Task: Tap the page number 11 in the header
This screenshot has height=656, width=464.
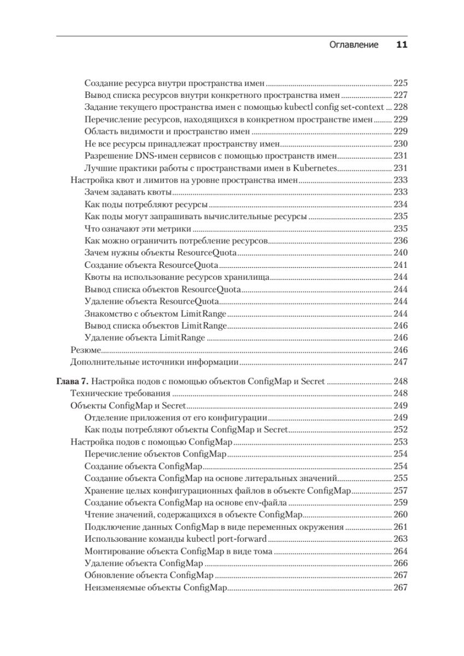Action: click(401, 45)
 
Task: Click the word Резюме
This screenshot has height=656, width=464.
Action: click(85, 350)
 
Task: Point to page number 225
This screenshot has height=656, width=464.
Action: click(401, 84)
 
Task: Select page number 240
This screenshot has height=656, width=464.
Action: click(401, 253)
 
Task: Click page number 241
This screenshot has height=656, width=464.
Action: click(401, 265)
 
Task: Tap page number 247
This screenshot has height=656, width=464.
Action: click(401, 362)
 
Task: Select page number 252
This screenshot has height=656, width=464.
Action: click(401, 430)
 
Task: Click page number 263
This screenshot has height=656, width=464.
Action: click(401, 540)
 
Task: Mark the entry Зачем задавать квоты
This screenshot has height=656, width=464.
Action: click(128, 192)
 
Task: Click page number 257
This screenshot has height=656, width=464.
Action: click(401, 490)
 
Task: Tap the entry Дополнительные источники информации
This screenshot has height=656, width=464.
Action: click(155, 362)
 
